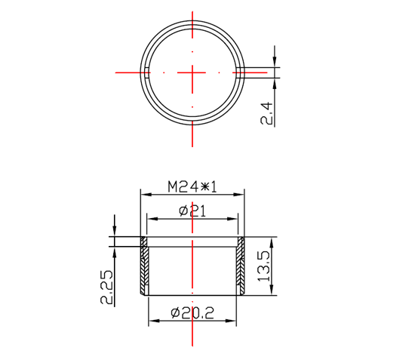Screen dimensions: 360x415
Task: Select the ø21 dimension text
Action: pos(192,211)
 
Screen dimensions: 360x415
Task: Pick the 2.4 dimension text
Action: pos(266,112)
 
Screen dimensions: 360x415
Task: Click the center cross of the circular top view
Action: pos(193,72)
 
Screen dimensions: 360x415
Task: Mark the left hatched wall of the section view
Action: pos(143,268)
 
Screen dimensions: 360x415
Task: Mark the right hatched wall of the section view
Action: pos(241,268)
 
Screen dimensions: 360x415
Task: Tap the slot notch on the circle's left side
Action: pos(144,72)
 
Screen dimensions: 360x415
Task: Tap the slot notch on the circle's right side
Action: pos(241,72)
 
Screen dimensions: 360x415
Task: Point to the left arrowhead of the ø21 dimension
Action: pos(149,220)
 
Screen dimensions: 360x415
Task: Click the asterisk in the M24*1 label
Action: pos(203,186)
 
